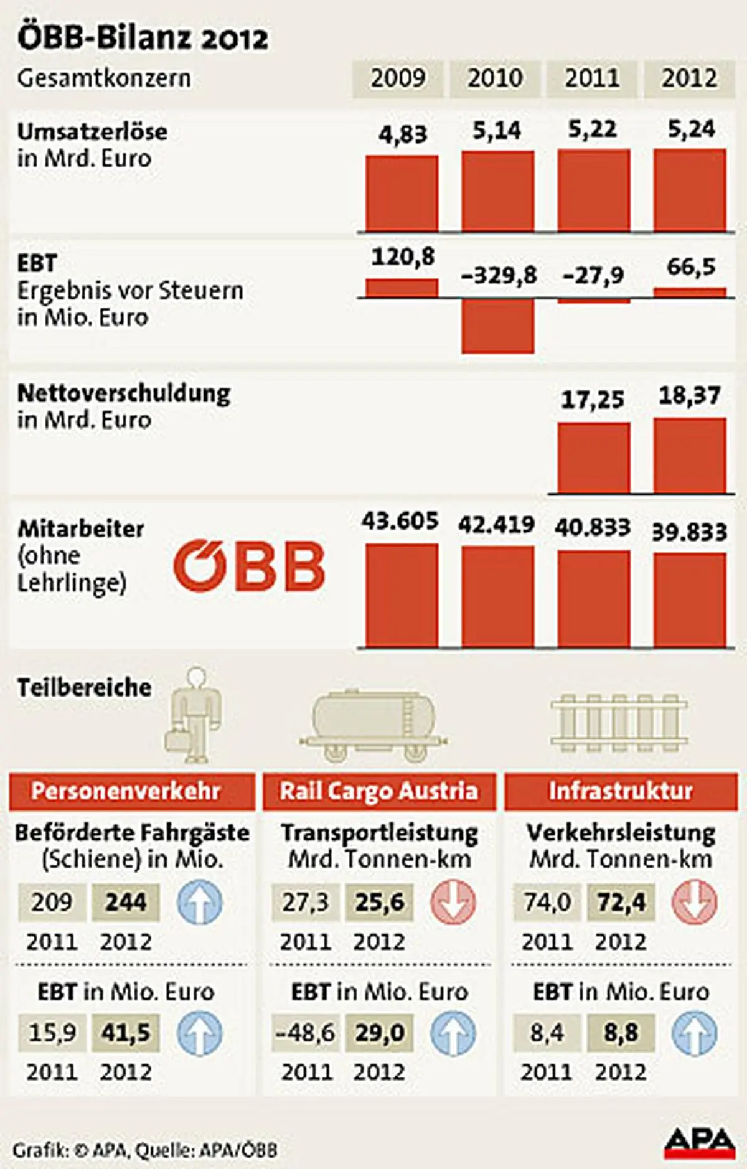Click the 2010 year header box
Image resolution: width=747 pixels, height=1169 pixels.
[495, 79]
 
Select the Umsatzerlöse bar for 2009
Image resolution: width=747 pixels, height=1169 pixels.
[402, 194]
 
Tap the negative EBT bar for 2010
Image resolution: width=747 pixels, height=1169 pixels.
[497, 326]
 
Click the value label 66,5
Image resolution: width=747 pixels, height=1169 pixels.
[690, 267]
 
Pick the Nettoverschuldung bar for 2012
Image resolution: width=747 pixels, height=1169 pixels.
[689, 456]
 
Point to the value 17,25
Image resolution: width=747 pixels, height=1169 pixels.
[592, 400]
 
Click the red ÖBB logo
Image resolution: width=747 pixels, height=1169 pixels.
[249, 565]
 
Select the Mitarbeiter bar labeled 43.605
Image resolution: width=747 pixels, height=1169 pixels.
[402, 595]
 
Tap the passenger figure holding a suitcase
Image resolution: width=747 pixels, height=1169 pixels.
[194, 715]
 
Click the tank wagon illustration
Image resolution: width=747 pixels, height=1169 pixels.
[373, 725]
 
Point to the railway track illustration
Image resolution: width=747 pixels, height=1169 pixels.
[619, 722]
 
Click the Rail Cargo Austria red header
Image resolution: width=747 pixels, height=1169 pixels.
[379, 791]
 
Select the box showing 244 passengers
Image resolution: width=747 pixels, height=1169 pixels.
[126, 902]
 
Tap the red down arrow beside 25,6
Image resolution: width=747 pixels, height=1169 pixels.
[453, 902]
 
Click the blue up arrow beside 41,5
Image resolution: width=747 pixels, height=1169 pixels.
[199, 1033]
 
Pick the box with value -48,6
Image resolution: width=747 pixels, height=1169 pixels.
[306, 1033]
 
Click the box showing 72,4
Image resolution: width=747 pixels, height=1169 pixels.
[621, 902]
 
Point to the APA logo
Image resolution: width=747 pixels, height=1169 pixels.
[699, 1143]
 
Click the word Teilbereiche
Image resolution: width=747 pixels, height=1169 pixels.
[84, 688]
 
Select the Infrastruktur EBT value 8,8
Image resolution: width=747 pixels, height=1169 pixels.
[621, 1033]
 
